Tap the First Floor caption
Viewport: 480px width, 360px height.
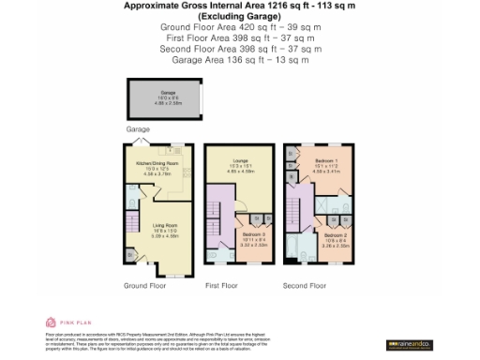222,285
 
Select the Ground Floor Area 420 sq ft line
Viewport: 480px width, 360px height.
240,28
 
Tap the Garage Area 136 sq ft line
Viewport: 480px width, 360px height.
240,59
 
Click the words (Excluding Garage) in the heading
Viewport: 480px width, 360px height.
240,17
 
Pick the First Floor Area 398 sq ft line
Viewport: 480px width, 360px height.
240,38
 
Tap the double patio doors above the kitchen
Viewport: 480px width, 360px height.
142,142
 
